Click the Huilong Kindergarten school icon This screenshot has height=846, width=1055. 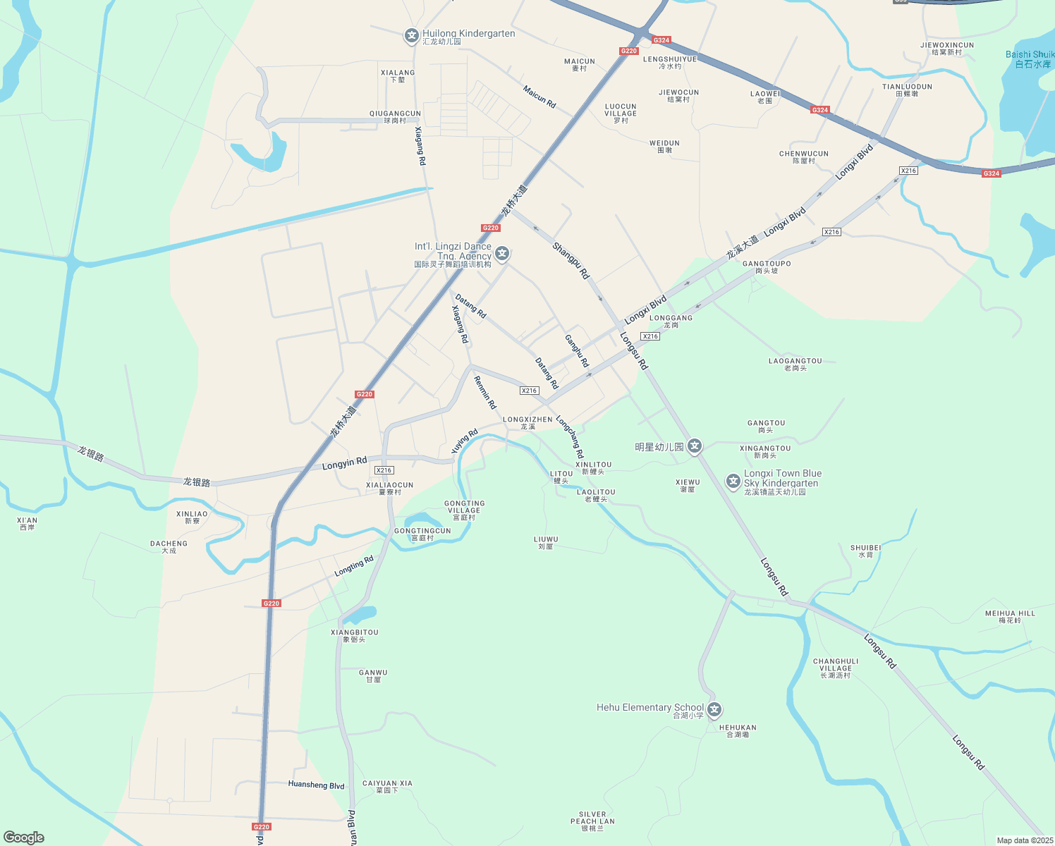coord(411,35)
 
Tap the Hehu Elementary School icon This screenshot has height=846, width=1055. coord(715,709)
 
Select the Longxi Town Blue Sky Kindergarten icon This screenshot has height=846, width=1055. coord(733,482)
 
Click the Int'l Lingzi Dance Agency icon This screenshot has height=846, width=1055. coord(502,254)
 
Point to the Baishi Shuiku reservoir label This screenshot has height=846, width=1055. coord(1030,59)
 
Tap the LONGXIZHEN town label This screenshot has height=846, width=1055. coord(527,422)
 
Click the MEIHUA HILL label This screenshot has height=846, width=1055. coord(1010,616)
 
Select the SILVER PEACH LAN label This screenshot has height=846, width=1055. coord(592,821)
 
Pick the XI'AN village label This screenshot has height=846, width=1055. coord(28,523)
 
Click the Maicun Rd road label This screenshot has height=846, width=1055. coord(539,97)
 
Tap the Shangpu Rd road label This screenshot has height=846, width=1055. coord(571,261)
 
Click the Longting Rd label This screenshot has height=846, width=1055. coord(354,565)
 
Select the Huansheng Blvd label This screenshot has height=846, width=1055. coord(316,785)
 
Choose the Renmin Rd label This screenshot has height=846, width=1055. coord(485,393)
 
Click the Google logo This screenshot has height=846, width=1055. coord(24,838)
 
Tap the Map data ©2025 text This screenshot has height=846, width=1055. coord(1024,840)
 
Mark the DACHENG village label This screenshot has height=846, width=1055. coord(169,546)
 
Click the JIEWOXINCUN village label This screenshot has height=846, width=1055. coord(947,48)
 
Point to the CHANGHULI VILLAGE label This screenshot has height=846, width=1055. coord(836,668)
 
